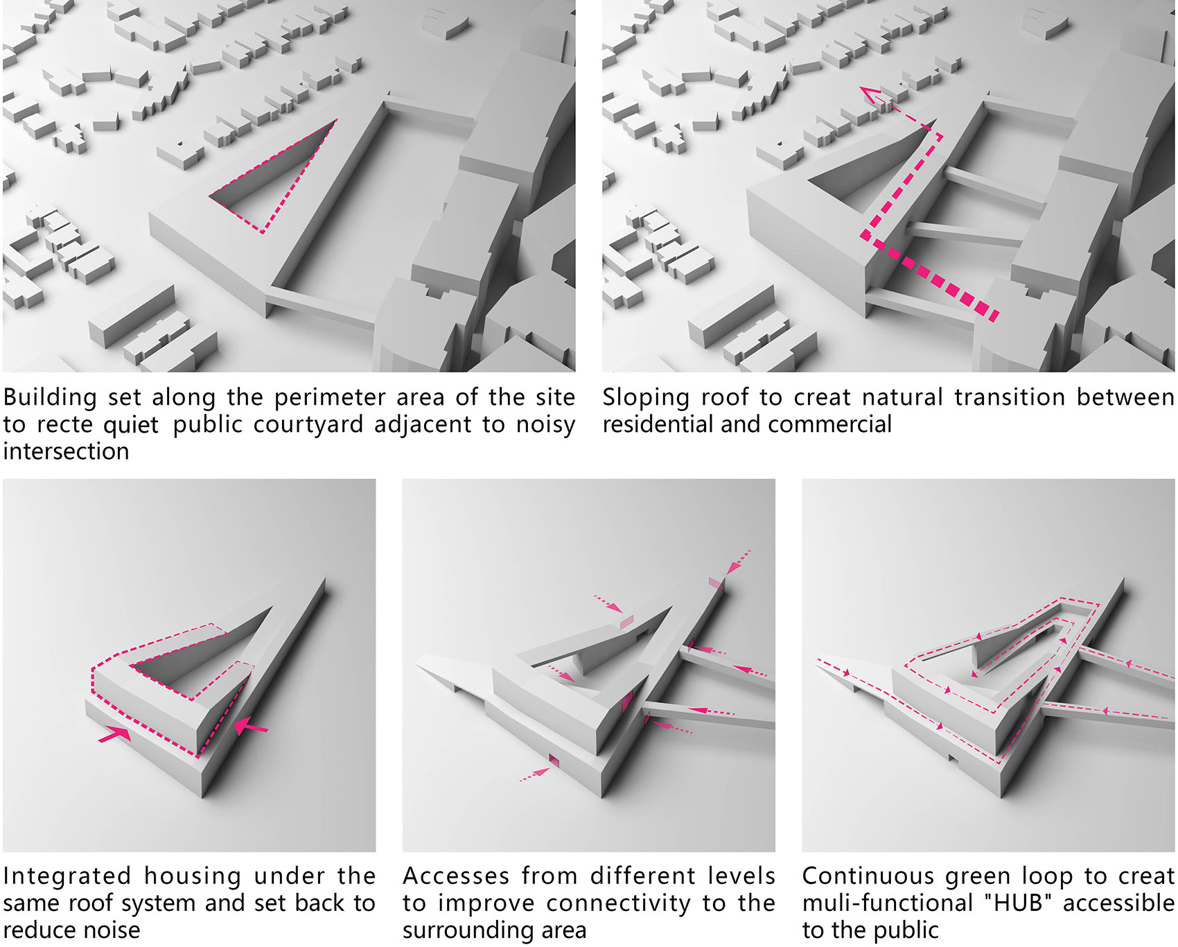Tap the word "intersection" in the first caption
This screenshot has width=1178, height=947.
[66, 451]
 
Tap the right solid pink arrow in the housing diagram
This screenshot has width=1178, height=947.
[250, 727]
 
